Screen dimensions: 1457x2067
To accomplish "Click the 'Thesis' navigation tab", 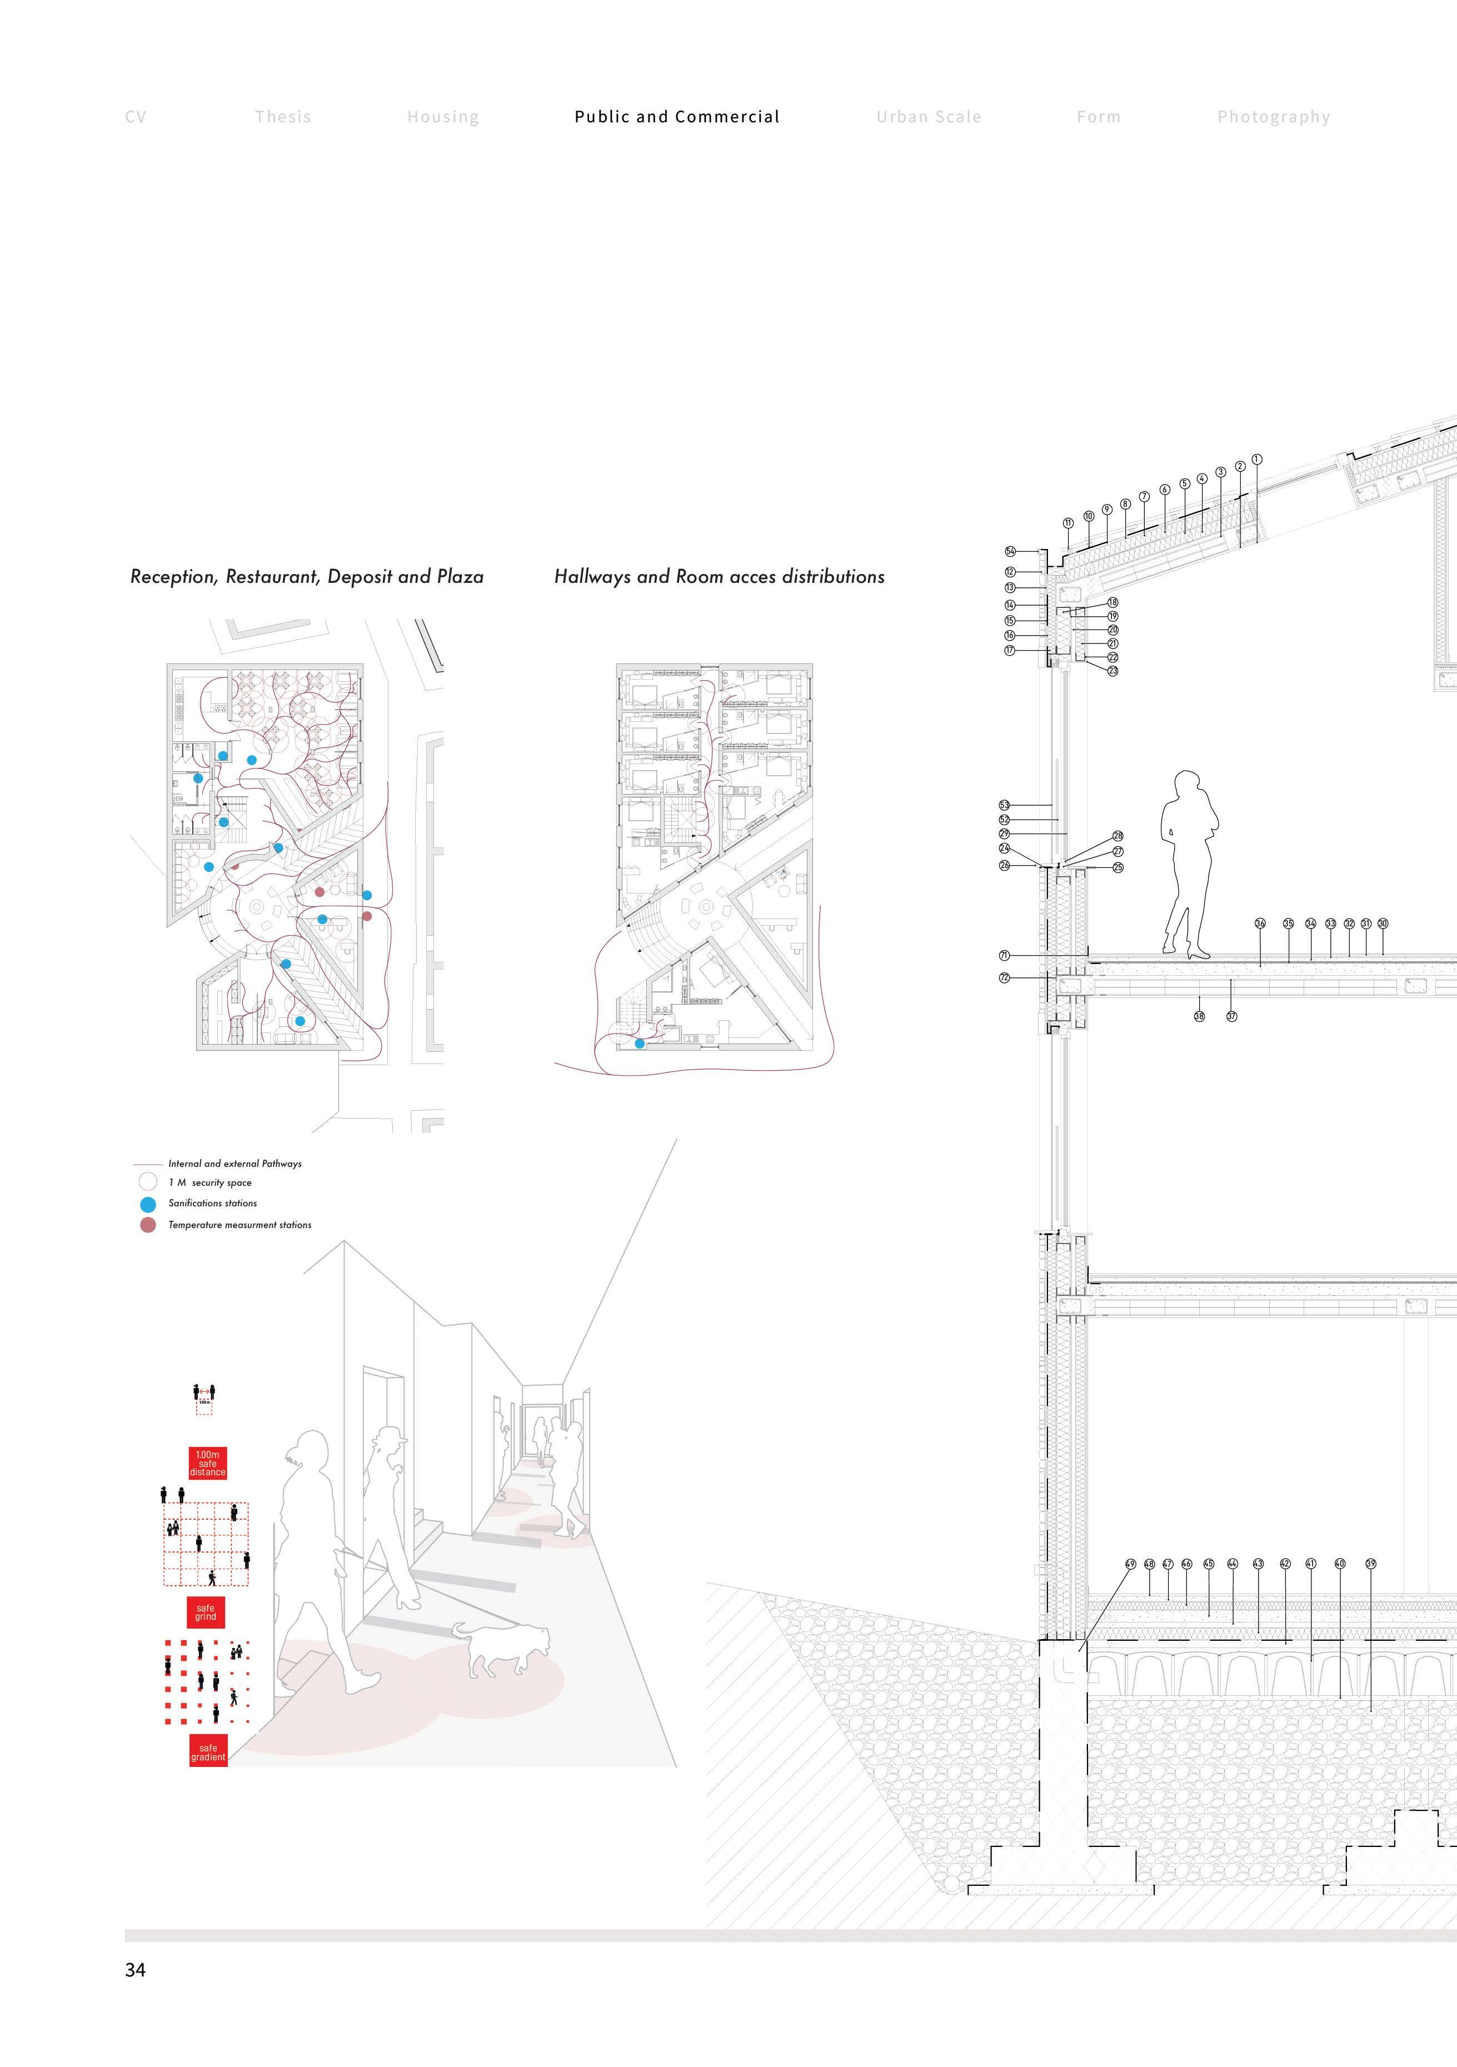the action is pyautogui.click(x=283, y=117).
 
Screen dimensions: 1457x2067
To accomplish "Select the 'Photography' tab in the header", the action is pyautogui.click(x=1273, y=117).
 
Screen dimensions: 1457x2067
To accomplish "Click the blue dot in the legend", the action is pyautogui.click(x=148, y=1204).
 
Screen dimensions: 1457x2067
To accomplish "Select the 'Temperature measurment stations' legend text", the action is pyautogui.click(x=239, y=1225).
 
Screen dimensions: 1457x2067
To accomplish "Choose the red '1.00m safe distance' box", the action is pyautogui.click(x=207, y=1463).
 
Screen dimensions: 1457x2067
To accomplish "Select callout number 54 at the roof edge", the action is pyautogui.click(x=1010, y=551).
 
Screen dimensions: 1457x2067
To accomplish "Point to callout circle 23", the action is pyautogui.click(x=1113, y=671).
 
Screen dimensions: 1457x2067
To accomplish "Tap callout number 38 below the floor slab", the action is pyautogui.click(x=1199, y=1016).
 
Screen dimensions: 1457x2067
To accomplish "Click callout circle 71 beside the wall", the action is pyautogui.click(x=1004, y=955).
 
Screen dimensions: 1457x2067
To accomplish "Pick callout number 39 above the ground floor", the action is pyautogui.click(x=1370, y=1564).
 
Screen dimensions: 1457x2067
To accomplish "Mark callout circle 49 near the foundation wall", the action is pyautogui.click(x=1131, y=1564).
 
